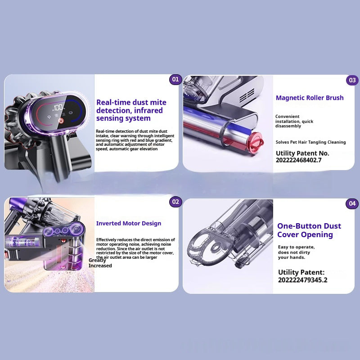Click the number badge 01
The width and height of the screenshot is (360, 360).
[x=175, y=80]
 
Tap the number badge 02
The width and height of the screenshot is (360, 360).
[x=175, y=202]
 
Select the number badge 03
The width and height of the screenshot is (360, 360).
[x=352, y=80]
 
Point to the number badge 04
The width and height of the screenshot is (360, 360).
[x=352, y=203]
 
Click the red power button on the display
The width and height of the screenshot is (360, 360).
[x=61, y=121]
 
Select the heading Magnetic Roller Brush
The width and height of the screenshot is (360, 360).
[x=310, y=98]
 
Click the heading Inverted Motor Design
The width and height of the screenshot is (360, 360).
[x=129, y=223]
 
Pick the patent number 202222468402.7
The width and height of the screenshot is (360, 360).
[x=298, y=160]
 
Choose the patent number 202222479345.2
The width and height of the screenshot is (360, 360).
[x=302, y=280]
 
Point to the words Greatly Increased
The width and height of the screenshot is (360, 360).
[x=100, y=263]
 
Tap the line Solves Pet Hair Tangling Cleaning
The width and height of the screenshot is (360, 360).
[x=310, y=142]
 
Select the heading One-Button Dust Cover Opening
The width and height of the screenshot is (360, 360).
[x=309, y=230]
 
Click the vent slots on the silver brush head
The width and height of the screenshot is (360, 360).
[x=247, y=95]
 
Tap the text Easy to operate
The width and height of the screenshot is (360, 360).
[x=296, y=247]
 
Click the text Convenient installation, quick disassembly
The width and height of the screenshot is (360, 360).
[x=294, y=121]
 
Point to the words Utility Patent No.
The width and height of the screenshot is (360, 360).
[x=302, y=153]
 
